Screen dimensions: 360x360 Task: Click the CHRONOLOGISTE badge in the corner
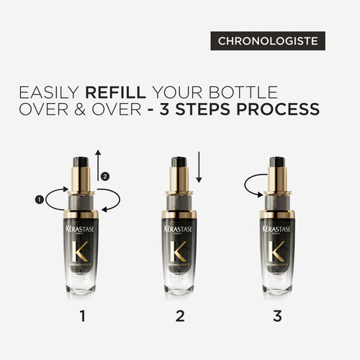point(269,42)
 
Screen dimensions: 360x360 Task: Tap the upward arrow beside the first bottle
point(98,163)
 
